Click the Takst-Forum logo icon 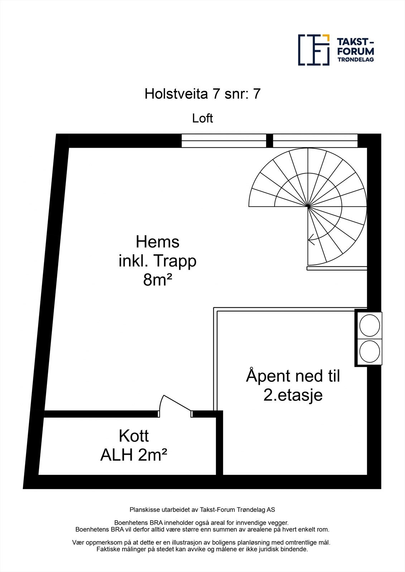314,50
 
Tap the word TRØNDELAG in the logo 356,60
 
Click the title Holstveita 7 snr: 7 202,94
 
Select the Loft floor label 202,118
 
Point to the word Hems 158,242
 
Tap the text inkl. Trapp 158,261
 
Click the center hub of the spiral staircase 308,207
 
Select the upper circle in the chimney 370,325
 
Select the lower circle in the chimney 370,351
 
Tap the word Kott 134,436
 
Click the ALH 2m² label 134,455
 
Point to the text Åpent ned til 293,376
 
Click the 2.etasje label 293,395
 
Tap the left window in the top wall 224,140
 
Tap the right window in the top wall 315,140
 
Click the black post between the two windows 270,140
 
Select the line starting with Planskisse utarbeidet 202,509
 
